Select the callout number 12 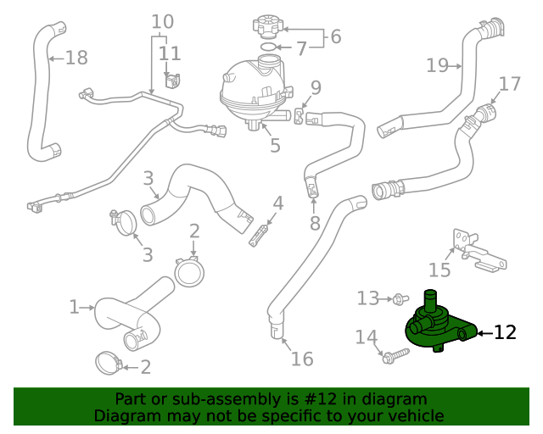[505, 333]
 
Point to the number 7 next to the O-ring [300, 49]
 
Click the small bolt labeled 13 [401, 298]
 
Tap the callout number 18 [76, 58]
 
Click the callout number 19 [437, 64]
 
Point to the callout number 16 [302, 359]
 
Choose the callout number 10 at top [162, 21]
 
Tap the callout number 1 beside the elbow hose [74, 306]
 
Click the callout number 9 [316, 86]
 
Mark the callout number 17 [509, 84]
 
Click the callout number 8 [315, 224]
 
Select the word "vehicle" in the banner [414, 416]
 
